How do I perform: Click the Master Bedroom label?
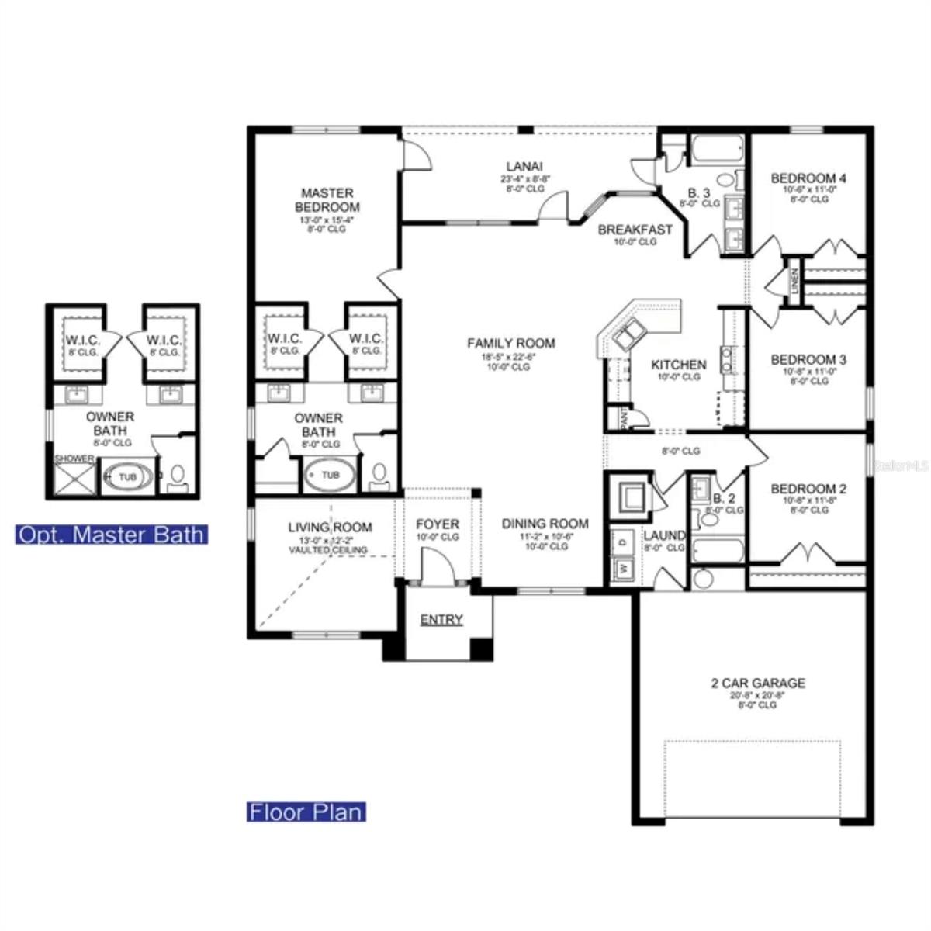[x=327, y=200]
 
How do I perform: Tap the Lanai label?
[x=524, y=166]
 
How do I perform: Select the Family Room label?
[x=510, y=343]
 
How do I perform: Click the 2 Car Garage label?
[x=757, y=684]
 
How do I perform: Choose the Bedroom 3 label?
[x=808, y=360]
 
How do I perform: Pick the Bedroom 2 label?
[x=808, y=489]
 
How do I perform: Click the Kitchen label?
[x=678, y=365]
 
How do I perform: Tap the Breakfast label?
[x=635, y=230]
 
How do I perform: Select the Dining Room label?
[x=545, y=524]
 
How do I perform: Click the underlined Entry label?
[x=441, y=620]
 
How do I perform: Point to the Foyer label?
[x=437, y=524]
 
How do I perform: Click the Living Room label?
[x=330, y=528]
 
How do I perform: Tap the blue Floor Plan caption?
[x=306, y=812]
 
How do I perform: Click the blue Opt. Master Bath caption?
[x=111, y=535]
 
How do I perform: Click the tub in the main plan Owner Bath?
[x=331, y=475]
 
